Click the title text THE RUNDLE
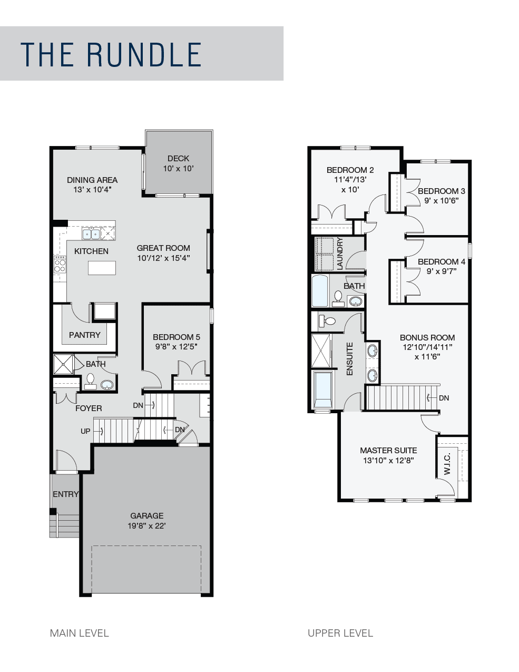[x=111, y=55]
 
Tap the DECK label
[x=178, y=158]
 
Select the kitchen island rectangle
[x=102, y=268]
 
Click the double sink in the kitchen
[x=91, y=234]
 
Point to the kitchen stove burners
[x=60, y=265]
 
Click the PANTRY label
[x=84, y=335]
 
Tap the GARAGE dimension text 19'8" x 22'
[x=147, y=525]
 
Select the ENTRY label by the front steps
[x=65, y=494]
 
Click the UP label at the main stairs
[x=85, y=431]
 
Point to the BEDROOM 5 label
[x=176, y=337]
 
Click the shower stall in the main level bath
[x=63, y=364]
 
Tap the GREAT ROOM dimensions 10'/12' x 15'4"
[x=163, y=258]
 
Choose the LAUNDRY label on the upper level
[x=340, y=254]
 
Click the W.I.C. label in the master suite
[x=447, y=464]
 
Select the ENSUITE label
[x=350, y=359]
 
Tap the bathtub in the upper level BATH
[x=320, y=291]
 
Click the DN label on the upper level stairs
[x=444, y=398]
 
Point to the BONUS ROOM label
[x=427, y=337]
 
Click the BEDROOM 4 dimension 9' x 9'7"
[x=441, y=271]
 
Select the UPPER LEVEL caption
[x=340, y=633]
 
